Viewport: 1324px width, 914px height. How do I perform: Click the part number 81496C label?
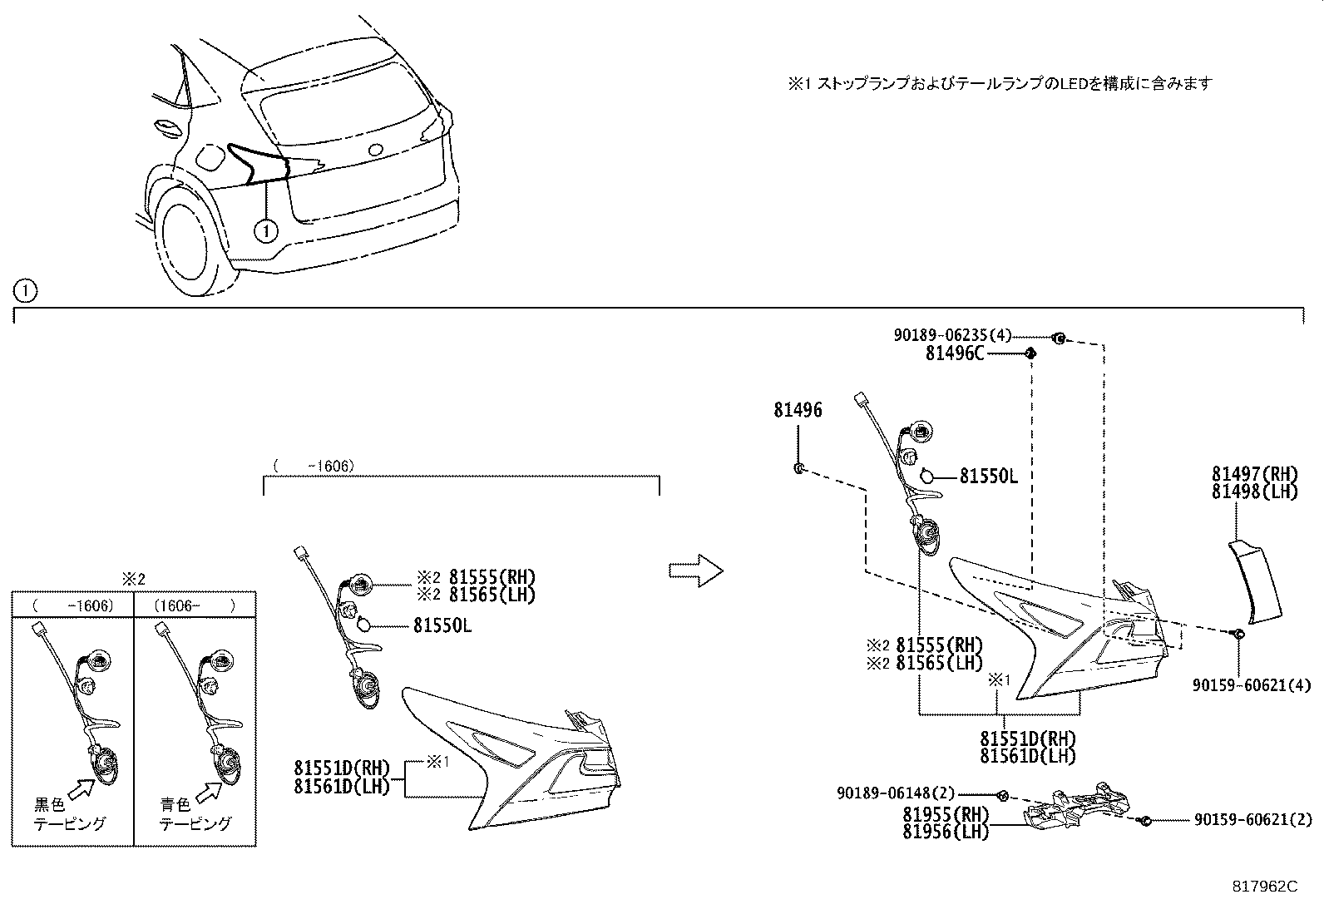click(x=954, y=353)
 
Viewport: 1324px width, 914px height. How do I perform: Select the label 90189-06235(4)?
click(x=952, y=335)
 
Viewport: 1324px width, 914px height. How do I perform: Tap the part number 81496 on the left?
click(x=798, y=410)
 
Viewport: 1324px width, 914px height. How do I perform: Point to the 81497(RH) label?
click(x=1254, y=474)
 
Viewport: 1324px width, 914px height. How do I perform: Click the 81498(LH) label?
click(x=1254, y=491)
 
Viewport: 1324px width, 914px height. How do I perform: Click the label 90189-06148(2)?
click(x=896, y=794)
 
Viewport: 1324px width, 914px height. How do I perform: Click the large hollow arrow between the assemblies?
click(x=696, y=571)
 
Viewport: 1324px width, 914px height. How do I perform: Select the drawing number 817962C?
click(x=1265, y=887)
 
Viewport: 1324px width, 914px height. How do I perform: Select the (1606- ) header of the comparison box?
click(x=195, y=605)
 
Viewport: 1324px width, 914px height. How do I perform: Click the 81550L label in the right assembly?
click(x=988, y=476)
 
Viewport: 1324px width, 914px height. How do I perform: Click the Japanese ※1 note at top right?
click(x=1000, y=83)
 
